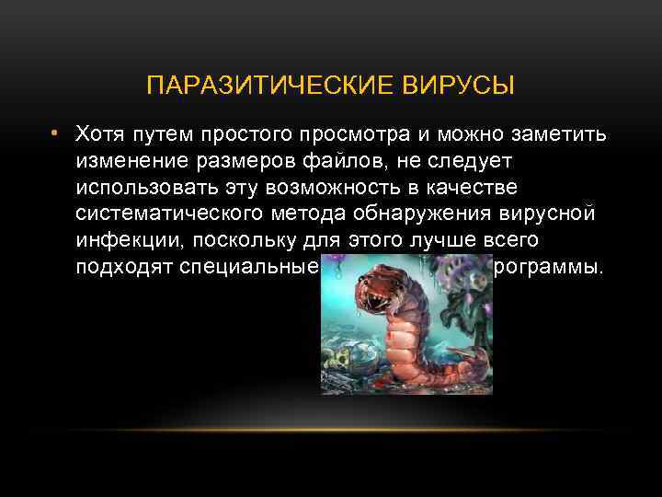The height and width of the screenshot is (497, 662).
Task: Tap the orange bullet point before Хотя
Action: (x=55, y=134)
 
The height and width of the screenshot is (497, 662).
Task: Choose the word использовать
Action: (x=149, y=189)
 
